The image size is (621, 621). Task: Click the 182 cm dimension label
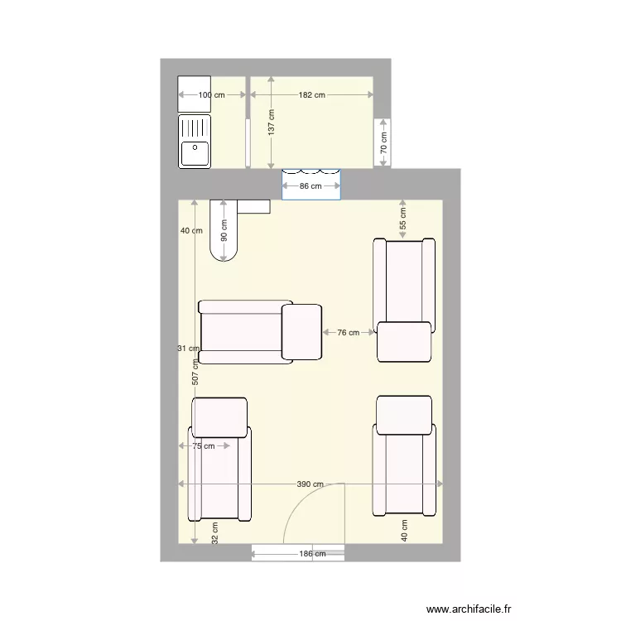pos(311,95)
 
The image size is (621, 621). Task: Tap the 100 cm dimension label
pos(211,95)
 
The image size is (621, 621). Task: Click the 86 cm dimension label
pos(310,187)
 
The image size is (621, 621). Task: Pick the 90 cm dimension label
pos(224,229)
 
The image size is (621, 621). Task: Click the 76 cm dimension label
pos(349,333)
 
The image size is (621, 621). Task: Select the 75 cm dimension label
pos(203,446)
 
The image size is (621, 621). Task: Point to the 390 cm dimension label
pos(311,484)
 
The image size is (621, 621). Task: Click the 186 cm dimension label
pos(311,554)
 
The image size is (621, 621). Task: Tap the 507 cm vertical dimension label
pos(195,373)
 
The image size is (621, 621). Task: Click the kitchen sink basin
pos(195,153)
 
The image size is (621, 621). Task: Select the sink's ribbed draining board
pos(195,128)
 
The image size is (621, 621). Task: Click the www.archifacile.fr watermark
pos(469,608)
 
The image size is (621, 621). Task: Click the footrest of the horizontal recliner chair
pos(301,332)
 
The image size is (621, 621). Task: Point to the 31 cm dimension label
pos(188,349)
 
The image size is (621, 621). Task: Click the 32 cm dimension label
pos(214,532)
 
